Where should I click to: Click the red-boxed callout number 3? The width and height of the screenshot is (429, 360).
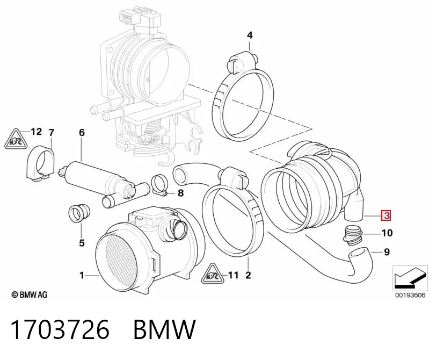[x=387, y=215]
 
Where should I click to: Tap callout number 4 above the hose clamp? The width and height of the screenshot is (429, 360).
[x=250, y=35]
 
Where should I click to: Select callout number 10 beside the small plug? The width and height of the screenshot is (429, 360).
[x=387, y=233]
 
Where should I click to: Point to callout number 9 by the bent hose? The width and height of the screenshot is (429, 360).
[x=387, y=252]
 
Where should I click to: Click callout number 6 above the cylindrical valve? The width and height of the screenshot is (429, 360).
[x=82, y=133]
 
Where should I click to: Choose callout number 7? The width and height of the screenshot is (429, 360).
[x=52, y=133]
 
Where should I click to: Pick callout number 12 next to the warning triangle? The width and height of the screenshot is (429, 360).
[x=36, y=132]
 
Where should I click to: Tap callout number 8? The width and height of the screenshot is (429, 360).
[x=180, y=193]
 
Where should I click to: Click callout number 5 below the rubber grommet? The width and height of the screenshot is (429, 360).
[x=82, y=243]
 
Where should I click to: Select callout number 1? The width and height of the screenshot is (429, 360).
[x=82, y=275]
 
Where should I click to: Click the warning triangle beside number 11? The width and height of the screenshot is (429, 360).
[x=212, y=274]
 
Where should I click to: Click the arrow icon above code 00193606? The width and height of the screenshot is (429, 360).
[x=410, y=278]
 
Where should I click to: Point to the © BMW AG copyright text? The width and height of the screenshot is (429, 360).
[x=30, y=295]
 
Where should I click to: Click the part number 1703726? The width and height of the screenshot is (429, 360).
[x=60, y=329]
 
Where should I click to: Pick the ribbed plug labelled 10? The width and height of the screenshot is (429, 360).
[x=352, y=235]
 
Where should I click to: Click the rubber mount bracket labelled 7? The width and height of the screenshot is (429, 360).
[x=40, y=164]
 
